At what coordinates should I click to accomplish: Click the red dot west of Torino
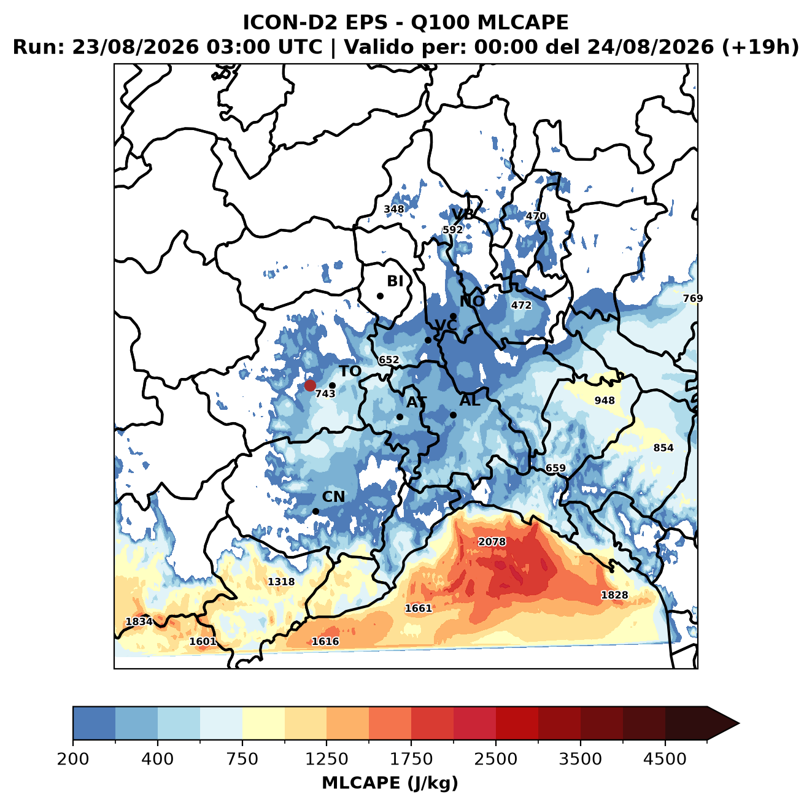click(310, 385)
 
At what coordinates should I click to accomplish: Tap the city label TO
click(350, 371)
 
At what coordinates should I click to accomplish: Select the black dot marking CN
click(315, 511)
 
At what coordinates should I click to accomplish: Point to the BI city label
click(395, 280)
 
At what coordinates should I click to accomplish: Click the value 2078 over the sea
click(492, 542)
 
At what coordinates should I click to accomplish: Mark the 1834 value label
click(139, 622)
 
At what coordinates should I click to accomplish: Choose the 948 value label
click(605, 400)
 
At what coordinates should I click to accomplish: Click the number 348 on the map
click(393, 209)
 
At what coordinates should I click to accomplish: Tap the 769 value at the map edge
click(693, 298)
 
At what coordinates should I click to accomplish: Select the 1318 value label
click(281, 582)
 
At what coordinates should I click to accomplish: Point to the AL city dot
click(453, 415)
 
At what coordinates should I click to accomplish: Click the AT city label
click(416, 402)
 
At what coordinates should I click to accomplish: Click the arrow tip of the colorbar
click(739, 724)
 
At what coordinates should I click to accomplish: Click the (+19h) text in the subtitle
click(760, 47)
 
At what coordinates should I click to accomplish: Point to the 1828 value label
click(614, 595)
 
